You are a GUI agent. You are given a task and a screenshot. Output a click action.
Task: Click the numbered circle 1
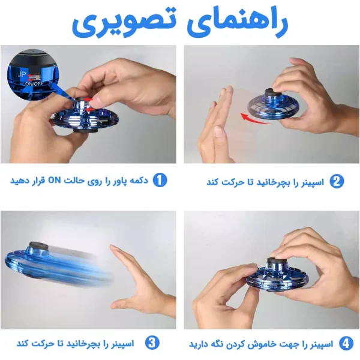[160, 180]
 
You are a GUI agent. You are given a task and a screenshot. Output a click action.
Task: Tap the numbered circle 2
[337, 181]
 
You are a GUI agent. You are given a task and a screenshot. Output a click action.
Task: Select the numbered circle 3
[152, 343]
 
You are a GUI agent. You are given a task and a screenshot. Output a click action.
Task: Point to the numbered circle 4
[346, 344]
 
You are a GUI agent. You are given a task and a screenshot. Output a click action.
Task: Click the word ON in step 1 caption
[54, 181]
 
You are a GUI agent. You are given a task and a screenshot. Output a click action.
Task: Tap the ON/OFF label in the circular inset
[34, 84]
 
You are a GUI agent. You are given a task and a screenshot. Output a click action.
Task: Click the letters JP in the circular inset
[22, 74]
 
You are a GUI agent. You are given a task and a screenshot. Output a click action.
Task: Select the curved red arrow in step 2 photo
[255, 119]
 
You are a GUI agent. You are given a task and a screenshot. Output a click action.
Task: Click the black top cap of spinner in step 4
[276, 260]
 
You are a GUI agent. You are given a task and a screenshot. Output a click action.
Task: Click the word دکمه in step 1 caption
[139, 181]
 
